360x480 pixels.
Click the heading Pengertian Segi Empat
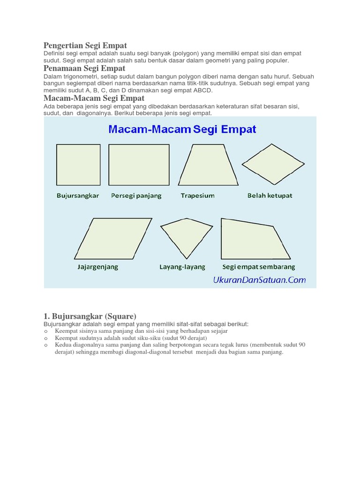click(x=85, y=45)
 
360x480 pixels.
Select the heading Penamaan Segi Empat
click(x=84, y=68)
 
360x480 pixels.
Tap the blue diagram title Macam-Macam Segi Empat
click(x=182, y=129)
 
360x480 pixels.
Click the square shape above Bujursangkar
click(x=78, y=166)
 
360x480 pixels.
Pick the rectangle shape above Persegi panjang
click(x=139, y=166)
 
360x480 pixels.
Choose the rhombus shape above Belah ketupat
click(x=273, y=164)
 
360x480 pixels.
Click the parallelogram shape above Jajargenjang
click(x=113, y=238)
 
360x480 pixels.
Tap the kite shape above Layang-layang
click(x=186, y=236)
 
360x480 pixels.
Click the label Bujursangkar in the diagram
click(x=78, y=195)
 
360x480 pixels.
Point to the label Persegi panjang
click(x=136, y=195)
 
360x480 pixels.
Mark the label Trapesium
click(x=198, y=195)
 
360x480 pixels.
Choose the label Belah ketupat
click(x=270, y=195)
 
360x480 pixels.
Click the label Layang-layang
click(x=182, y=267)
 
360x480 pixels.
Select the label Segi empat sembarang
click(x=259, y=267)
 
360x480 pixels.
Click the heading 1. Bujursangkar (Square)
click(x=90, y=316)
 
